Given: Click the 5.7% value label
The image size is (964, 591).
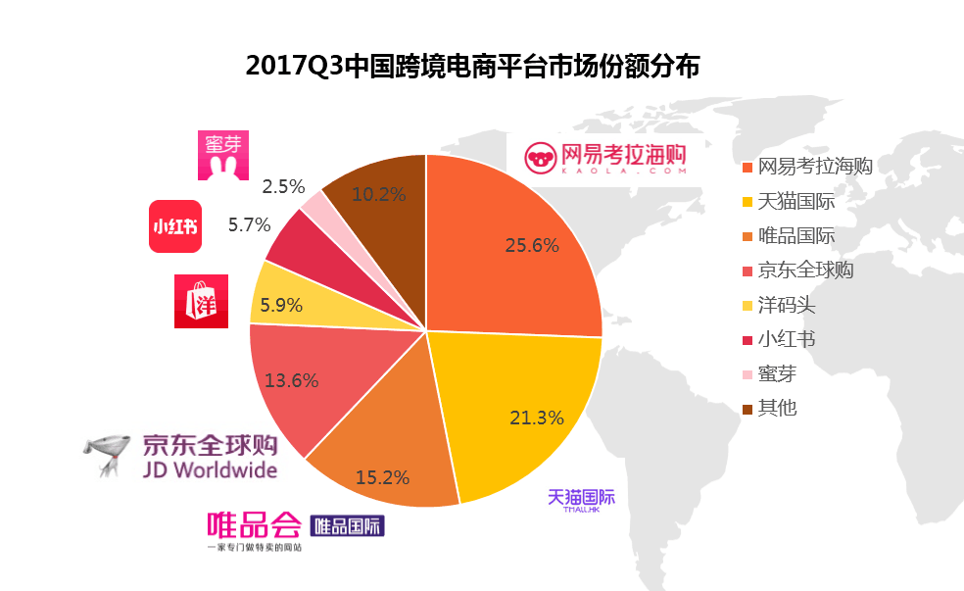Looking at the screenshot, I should coord(249,224).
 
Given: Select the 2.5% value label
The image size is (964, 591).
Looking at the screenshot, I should coord(284,186).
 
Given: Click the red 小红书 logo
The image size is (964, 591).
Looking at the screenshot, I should coord(174,225).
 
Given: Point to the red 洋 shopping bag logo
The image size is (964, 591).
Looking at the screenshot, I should coord(201,302).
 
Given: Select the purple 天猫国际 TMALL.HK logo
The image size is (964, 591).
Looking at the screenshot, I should coord(581,499).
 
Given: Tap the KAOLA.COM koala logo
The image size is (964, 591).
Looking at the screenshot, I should coord(603,158).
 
